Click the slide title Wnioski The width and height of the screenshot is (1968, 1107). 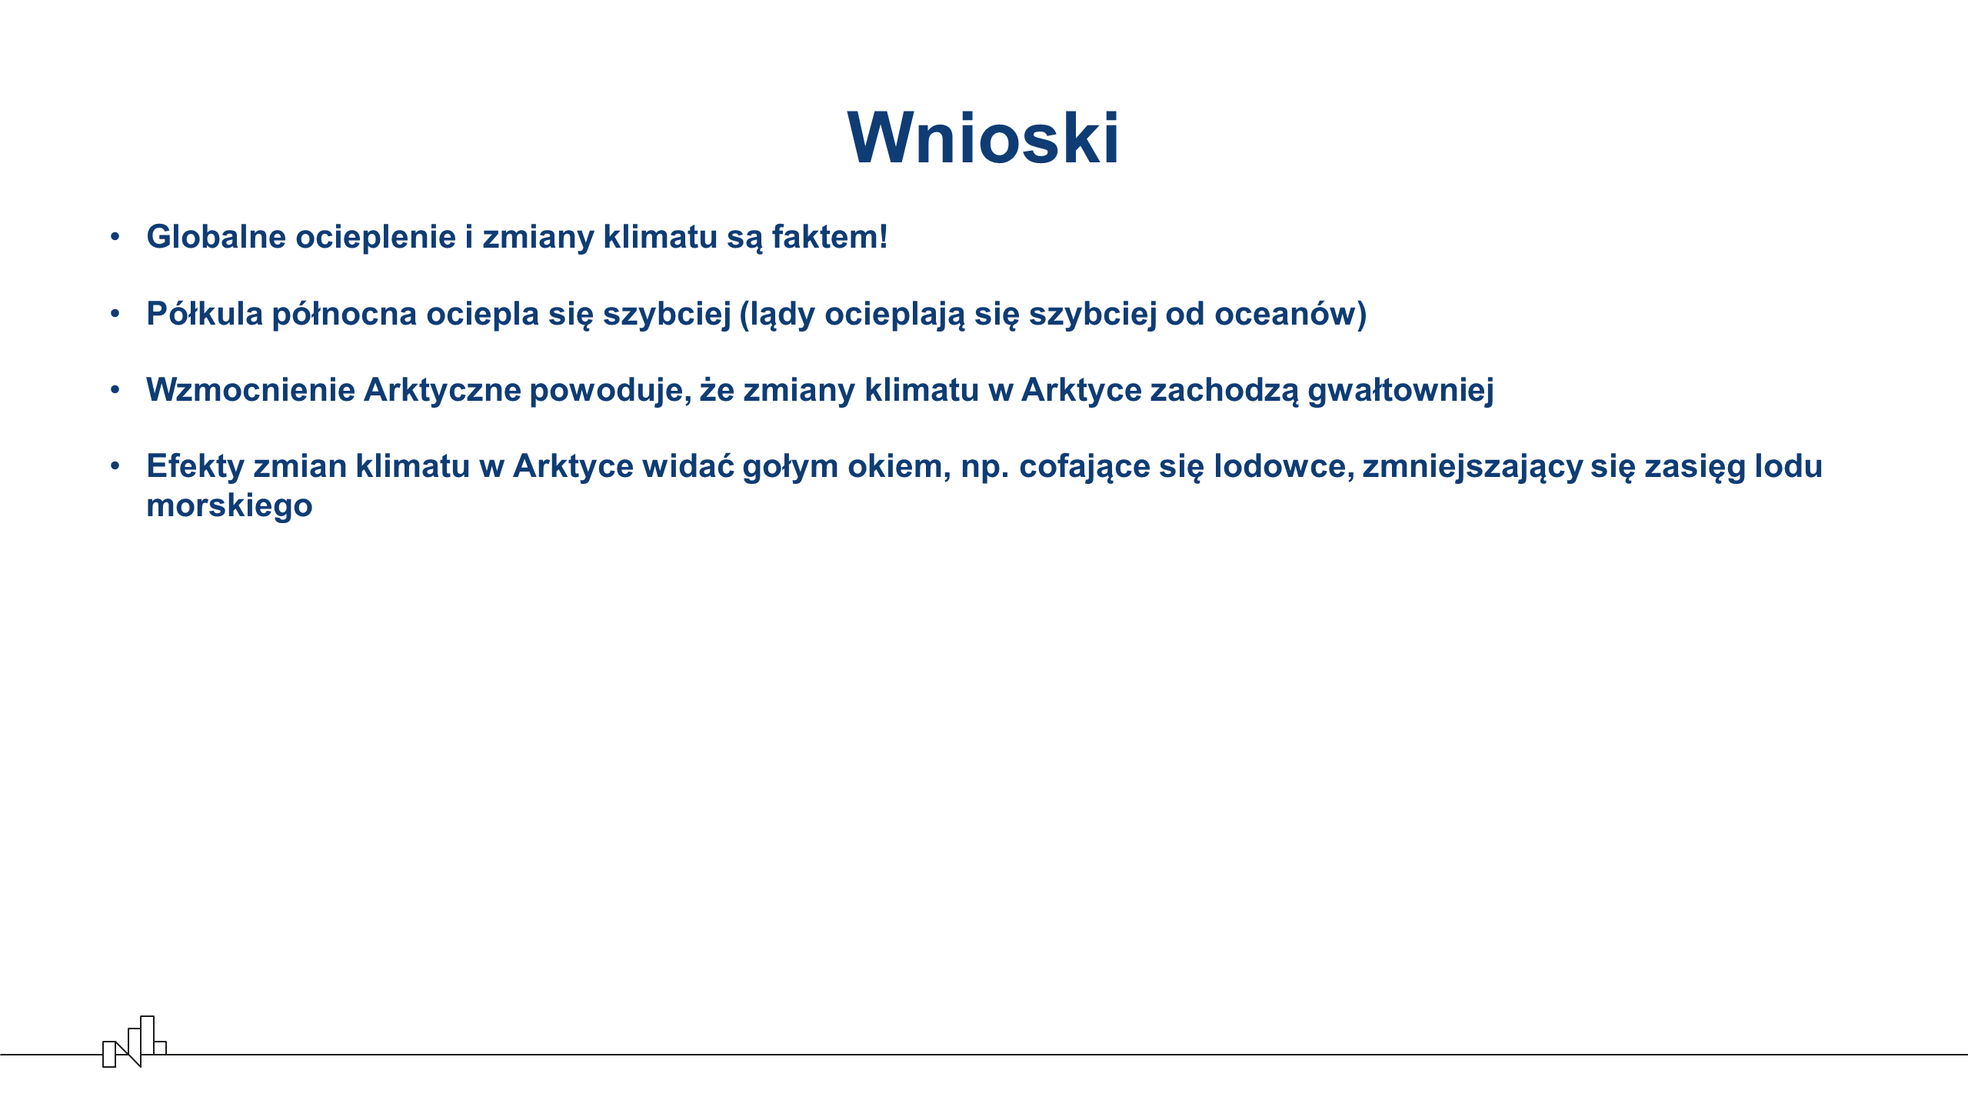tap(984, 138)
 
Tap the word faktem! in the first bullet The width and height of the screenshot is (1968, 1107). tap(830, 236)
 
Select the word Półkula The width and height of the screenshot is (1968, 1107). tap(205, 313)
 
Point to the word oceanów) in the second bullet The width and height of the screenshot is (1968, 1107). tap(1290, 314)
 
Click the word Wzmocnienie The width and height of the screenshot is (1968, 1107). tap(251, 389)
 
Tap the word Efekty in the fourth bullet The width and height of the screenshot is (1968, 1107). tap(195, 466)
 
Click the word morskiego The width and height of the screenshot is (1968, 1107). tap(229, 506)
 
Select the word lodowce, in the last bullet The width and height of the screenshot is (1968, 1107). tap(1284, 466)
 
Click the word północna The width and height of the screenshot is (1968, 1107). tap(345, 314)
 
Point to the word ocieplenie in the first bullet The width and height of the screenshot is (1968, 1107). tap(376, 237)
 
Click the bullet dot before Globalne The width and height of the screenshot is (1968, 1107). tap(115, 236)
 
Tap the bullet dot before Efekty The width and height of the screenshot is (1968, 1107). tap(115, 465)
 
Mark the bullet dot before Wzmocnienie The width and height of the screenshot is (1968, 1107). tap(115, 389)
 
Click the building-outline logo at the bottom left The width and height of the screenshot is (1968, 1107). tap(135, 1042)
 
